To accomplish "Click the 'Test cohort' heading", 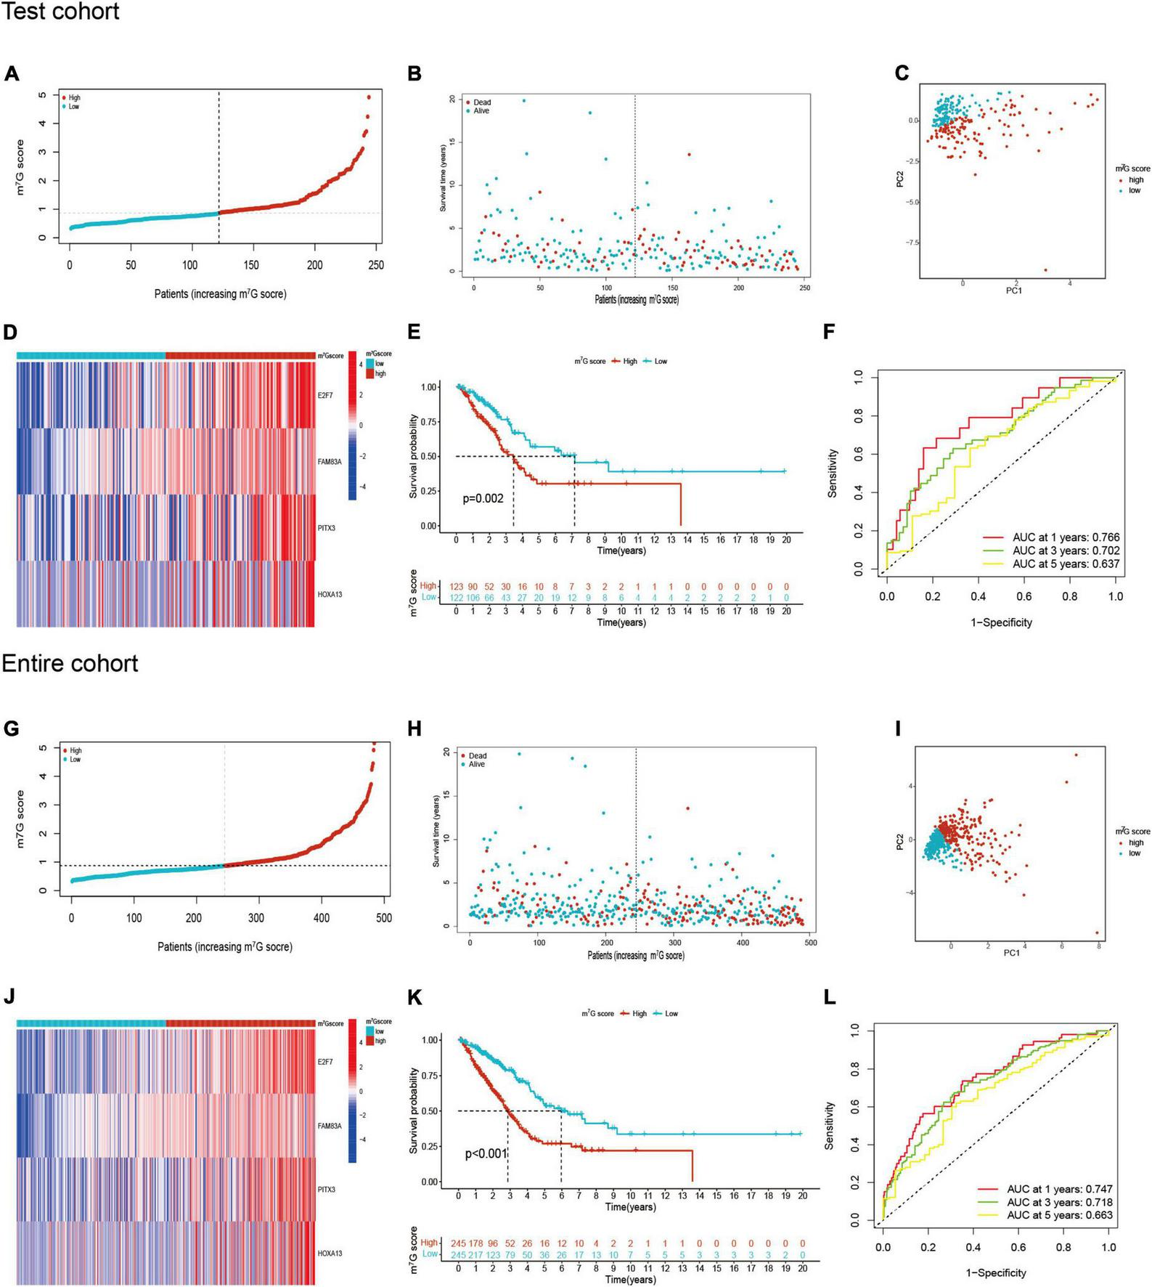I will pyautogui.click(x=60, y=12).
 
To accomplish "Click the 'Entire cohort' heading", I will pyautogui.click(x=70, y=663).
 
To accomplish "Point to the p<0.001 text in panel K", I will pyautogui.click(x=486, y=1153).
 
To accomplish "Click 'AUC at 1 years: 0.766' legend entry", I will pyautogui.click(x=1066, y=537).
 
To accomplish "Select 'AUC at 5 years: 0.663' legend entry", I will pyautogui.click(x=1060, y=1214).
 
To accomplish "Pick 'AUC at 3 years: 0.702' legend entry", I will pyautogui.click(x=1066, y=551).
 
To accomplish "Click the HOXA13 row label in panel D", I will pyautogui.click(x=330, y=595).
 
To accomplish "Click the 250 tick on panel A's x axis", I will pyautogui.click(x=376, y=265).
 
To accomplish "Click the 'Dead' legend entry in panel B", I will pyautogui.click(x=482, y=102).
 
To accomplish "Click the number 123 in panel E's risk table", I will pyautogui.click(x=456, y=586).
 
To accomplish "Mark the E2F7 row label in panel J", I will pyautogui.click(x=325, y=1062).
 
